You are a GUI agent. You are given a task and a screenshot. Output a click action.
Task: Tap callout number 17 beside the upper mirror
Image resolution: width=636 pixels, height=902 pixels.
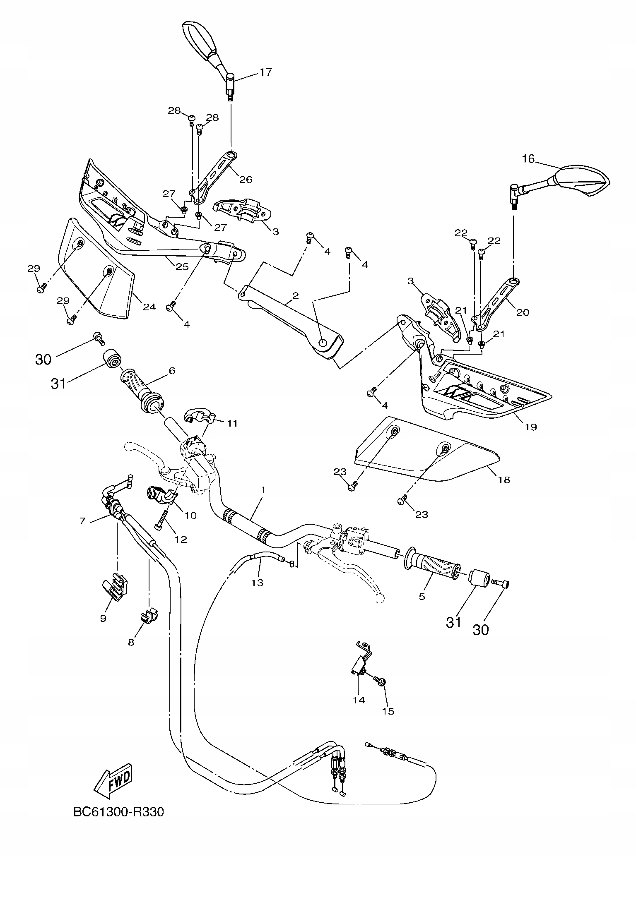(x=266, y=72)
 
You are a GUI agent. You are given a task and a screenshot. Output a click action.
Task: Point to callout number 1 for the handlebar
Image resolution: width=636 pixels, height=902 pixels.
(x=263, y=490)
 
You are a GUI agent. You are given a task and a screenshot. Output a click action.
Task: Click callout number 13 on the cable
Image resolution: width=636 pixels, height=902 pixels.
(x=257, y=583)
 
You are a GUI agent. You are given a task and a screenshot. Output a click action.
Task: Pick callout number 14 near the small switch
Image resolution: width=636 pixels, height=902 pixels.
(x=359, y=700)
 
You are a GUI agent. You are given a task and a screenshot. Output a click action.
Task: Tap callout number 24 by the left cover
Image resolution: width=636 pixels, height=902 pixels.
(x=149, y=307)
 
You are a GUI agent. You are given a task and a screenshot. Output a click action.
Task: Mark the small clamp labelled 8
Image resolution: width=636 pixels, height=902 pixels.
(x=149, y=614)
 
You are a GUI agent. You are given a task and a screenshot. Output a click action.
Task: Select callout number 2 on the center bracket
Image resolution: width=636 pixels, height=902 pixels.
(x=295, y=296)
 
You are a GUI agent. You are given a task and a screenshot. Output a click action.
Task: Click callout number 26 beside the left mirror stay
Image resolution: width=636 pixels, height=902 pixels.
(x=246, y=180)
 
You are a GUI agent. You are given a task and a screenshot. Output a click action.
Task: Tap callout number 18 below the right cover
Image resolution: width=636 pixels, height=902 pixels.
(x=504, y=480)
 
